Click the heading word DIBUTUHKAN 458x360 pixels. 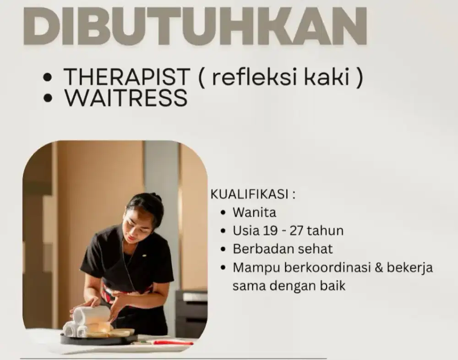click(195, 26)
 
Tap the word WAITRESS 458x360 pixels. click(126, 98)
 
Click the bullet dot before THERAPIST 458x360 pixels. click(47, 78)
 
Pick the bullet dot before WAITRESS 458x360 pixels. click(47, 99)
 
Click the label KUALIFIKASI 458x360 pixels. click(250, 194)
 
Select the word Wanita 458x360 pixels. click(254, 213)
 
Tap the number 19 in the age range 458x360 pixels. click(270, 230)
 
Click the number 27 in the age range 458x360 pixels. click(297, 230)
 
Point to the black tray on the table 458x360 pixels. click(98, 339)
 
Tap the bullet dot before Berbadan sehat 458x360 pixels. click(223, 250)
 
